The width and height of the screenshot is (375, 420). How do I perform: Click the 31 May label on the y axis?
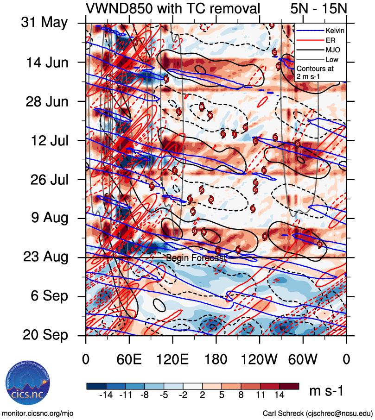(44, 23)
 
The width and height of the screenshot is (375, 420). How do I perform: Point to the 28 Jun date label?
(44, 101)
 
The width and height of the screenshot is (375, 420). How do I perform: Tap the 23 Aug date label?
(44, 257)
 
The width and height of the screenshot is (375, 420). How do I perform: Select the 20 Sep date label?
(44, 335)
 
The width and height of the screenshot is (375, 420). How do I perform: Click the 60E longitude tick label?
(129, 360)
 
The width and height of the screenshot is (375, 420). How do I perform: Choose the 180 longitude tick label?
(216, 360)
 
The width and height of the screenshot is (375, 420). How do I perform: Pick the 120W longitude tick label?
(260, 360)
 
